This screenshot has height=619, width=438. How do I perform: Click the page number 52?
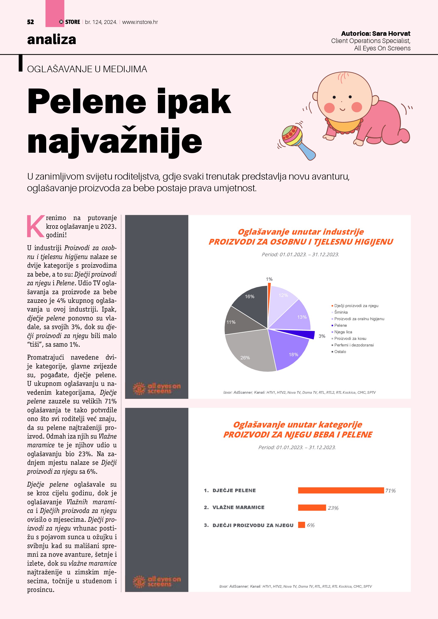point(31,22)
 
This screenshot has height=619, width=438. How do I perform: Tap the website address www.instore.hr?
point(140,22)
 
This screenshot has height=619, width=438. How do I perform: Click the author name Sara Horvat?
point(391,34)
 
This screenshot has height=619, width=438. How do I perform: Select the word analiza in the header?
point(51,40)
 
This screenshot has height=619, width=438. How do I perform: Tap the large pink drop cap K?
point(35,226)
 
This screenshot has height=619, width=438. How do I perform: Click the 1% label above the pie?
point(269,279)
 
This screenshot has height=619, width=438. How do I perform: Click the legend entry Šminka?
point(341,312)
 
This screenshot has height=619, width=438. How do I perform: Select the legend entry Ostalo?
point(340,352)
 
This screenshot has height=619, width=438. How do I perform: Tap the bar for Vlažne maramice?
point(312,508)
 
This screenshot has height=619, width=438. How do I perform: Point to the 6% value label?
point(311,525)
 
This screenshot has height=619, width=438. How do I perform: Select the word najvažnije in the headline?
point(115,141)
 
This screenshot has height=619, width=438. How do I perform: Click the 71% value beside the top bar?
point(390,491)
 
